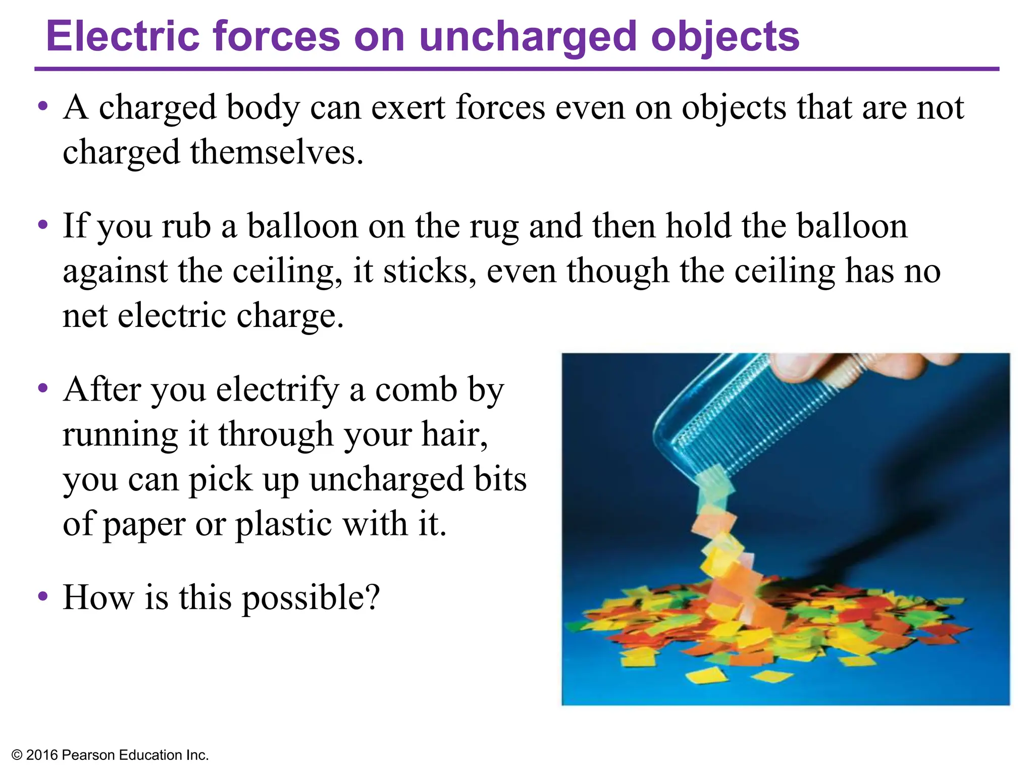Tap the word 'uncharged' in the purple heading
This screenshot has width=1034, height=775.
click(x=528, y=37)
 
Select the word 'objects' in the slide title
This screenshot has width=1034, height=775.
click(x=725, y=37)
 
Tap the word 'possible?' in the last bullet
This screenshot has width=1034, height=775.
click(x=311, y=598)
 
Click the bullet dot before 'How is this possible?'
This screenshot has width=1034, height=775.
click(x=43, y=596)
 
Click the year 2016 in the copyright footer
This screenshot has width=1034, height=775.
click(x=42, y=755)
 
